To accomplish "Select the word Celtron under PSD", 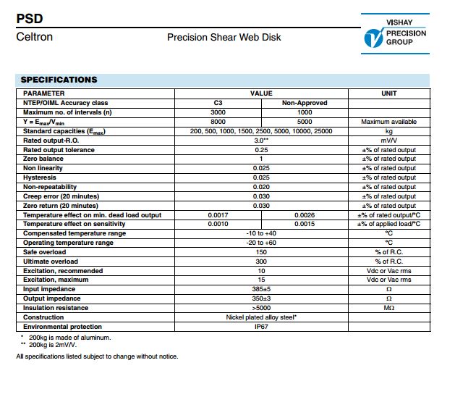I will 34,36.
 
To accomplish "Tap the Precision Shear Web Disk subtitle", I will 224,37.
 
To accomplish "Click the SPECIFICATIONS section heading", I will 59,79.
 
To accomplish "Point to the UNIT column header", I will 388,93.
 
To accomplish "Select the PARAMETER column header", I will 44,93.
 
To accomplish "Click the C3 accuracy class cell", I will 218,103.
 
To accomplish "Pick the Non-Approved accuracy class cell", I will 305,103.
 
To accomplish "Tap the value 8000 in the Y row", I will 218,122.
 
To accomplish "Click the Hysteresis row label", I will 40,177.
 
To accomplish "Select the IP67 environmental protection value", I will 261,327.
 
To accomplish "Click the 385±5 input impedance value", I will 261,289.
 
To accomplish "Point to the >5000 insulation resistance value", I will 261,308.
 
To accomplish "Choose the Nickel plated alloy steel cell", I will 261,317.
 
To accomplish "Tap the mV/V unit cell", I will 388,140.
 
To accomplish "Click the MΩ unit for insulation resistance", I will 388,308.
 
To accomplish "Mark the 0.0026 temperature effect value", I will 305,215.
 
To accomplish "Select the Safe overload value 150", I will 261,252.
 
